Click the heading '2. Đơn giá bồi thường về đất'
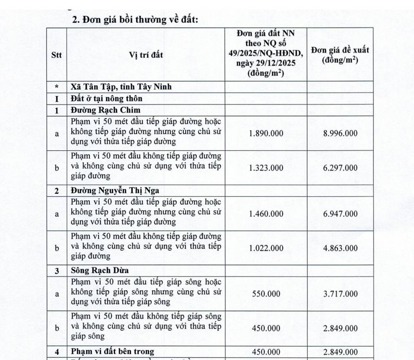[x=135, y=19]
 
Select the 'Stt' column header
[x=56, y=55]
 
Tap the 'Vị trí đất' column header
[x=146, y=55]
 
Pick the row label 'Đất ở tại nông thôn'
[x=106, y=99]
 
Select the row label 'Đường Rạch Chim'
[x=105, y=110]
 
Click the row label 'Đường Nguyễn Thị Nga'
[x=115, y=190]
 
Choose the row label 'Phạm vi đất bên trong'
[x=112, y=351]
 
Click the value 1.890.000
[x=266, y=134]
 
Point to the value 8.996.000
[x=340, y=134]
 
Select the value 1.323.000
[x=266, y=168]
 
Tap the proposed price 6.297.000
[x=340, y=168]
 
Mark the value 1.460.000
[x=266, y=214]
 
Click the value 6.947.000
[x=340, y=214]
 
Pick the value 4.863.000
[x=340, y=248]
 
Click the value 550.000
[x=266, y=294]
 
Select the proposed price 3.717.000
[x=340, y=294]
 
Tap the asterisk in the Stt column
[x=56, y=87]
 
